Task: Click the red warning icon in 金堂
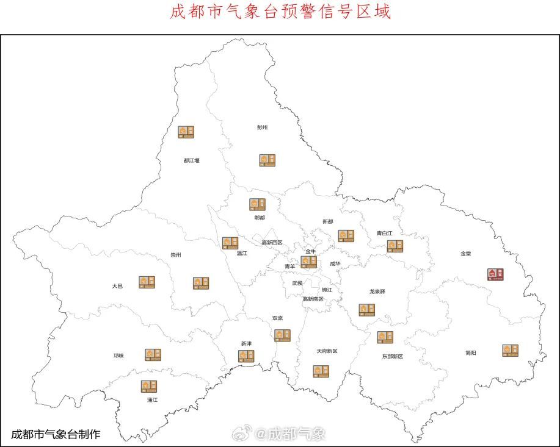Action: pyautogui.click(x=495, y=274)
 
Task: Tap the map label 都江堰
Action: pyautogui.click(x=191, y=160)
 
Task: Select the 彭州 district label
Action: pyautogui.click(x=263, y=127)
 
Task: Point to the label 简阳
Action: pyautogui.click(x=470, y=352)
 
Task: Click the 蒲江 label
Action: pyautogui.click(x=152, y=400)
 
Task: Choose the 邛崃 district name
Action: pyautogui.click(x=118, y=356)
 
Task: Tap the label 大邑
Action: pyautogui.click(x=117, y=285)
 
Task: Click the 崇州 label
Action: pyautogui.click(x=175, y=255)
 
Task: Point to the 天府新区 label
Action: pyautogui.click(x=327, y=351)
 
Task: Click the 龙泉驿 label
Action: pyautogui.click(x=377, y=291)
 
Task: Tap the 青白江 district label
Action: pyautogui.click(x=385, y=233)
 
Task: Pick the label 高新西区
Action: pyautogui.click(x=272, y=242)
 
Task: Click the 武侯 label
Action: pyautogui.click(x=297, y=283)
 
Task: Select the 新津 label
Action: pyautogui.click(x=246, y=343)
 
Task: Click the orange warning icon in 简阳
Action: pyautogui.click(x=511, y=350)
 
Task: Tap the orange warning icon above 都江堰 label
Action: pyautogui.click(x=186, y=132)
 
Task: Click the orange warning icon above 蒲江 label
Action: pyautogui.click(x=149, y=386)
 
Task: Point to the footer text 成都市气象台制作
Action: pyautogui.click(x=56, y=434)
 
